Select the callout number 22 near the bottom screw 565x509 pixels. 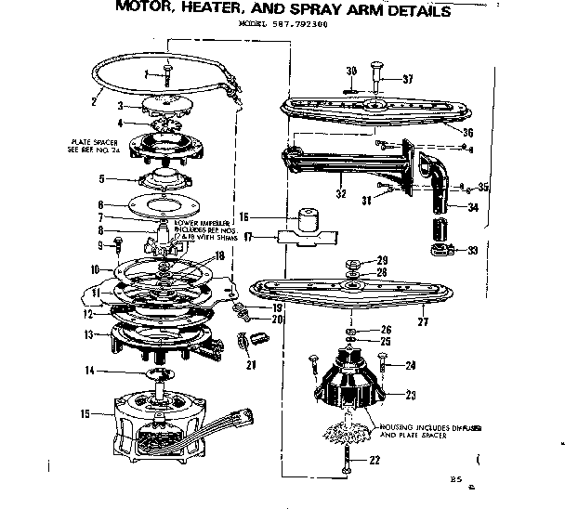375,461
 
